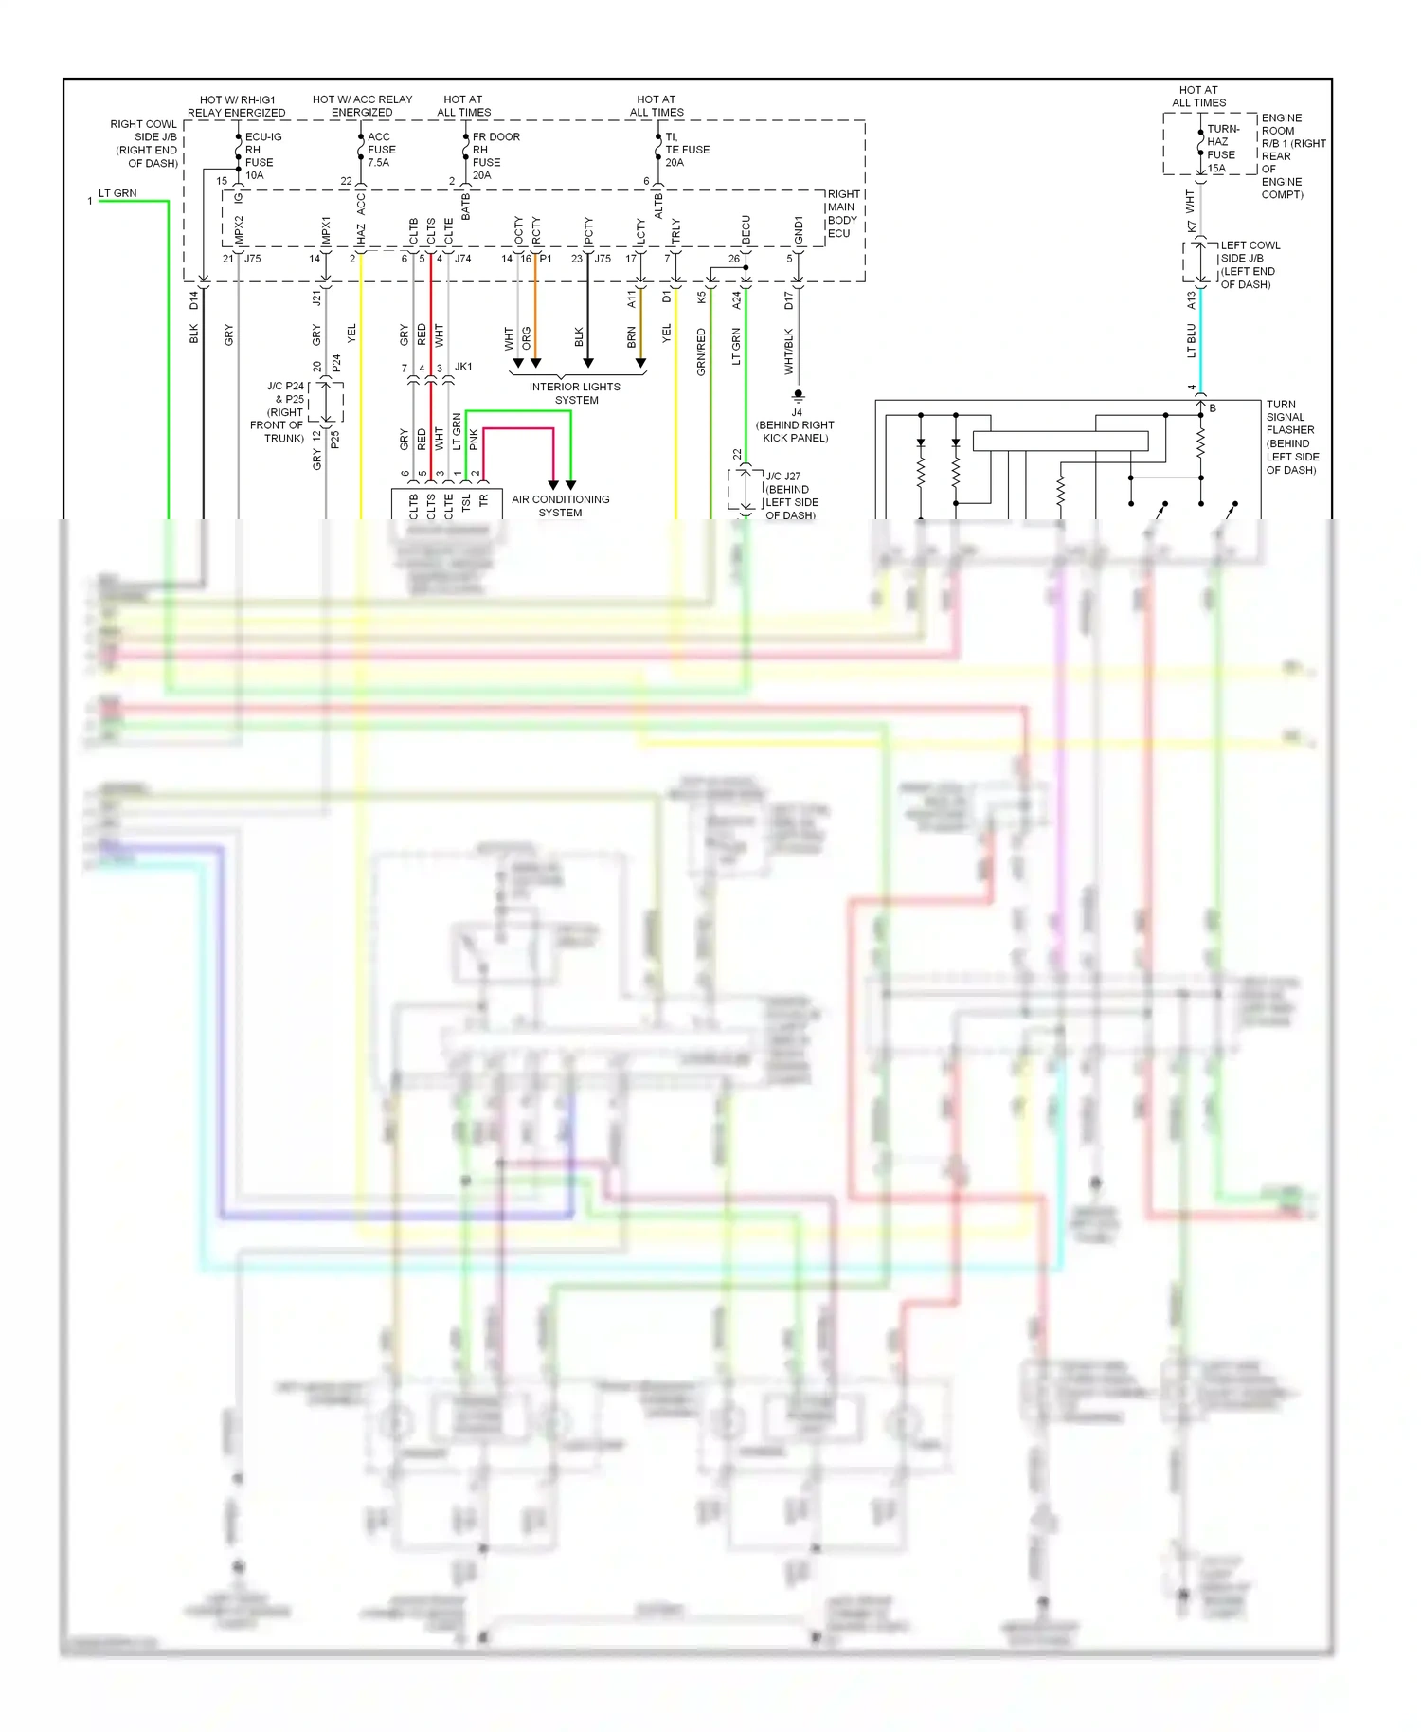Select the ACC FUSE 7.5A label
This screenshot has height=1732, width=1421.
tap(381, 150)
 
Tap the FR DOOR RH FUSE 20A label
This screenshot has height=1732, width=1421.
tap(493, 156)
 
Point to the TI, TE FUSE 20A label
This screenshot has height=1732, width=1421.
tap(686, 150)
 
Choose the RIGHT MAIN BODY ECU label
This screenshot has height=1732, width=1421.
tap(842, 214)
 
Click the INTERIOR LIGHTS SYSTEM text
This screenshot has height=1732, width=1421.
tap(575, 393)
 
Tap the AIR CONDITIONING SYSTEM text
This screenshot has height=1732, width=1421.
tap(560, 506)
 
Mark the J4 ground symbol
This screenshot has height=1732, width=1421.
tap(798, 394)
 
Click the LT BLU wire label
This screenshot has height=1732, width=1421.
tap(1192, 340)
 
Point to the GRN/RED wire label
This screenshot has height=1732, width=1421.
tap(701, 352)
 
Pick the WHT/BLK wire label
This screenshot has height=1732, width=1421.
tap(789, 352)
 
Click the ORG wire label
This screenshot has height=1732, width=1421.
tap(527, 339)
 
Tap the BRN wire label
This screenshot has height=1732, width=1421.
tap(632, 337)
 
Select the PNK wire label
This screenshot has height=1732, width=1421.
tap(475, 440)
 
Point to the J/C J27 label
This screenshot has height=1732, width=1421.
tap(790, 496)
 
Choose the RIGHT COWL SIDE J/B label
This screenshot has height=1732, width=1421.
tap(145, 144)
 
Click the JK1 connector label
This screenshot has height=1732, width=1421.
tap(463, 367)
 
